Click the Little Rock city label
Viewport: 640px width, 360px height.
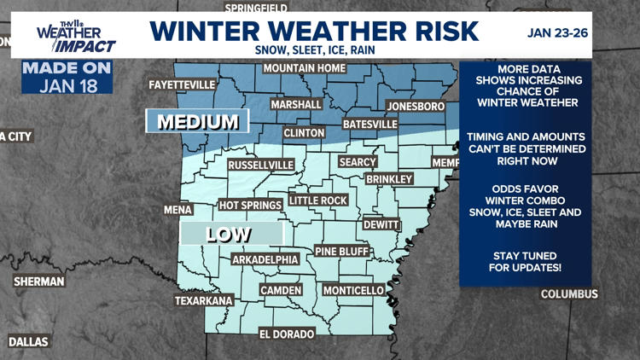[317, 200]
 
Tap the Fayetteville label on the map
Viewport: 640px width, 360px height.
[182, 86]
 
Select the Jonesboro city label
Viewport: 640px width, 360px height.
[416, 107]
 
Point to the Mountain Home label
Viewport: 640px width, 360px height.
[304, 68]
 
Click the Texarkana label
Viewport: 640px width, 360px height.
[203, 301]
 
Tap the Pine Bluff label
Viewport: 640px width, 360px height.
[341, 252]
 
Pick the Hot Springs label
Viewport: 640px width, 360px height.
[250, 206]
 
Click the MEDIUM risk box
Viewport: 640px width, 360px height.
[197, 122]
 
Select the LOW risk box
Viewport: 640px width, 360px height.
[231, 234]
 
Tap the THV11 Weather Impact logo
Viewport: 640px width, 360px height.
[75, 35]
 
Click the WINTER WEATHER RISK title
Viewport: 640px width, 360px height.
[314, 31]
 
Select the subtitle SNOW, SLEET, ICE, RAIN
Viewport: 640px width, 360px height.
[314, 50]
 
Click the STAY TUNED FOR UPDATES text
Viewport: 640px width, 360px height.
[525, 262]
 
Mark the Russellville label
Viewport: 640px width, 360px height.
[261, 165]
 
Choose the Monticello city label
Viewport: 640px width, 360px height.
[353, 291]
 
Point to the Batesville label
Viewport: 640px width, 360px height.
[369, 125]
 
